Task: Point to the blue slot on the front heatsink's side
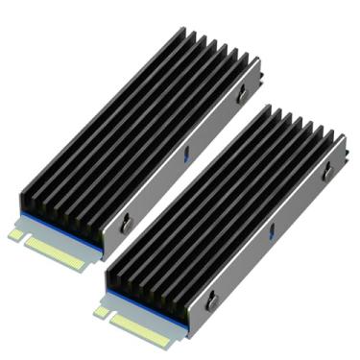[271, 229]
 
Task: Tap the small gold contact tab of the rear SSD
[16, 233]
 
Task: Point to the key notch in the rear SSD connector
[27, 239]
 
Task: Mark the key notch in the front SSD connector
[112, 318]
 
